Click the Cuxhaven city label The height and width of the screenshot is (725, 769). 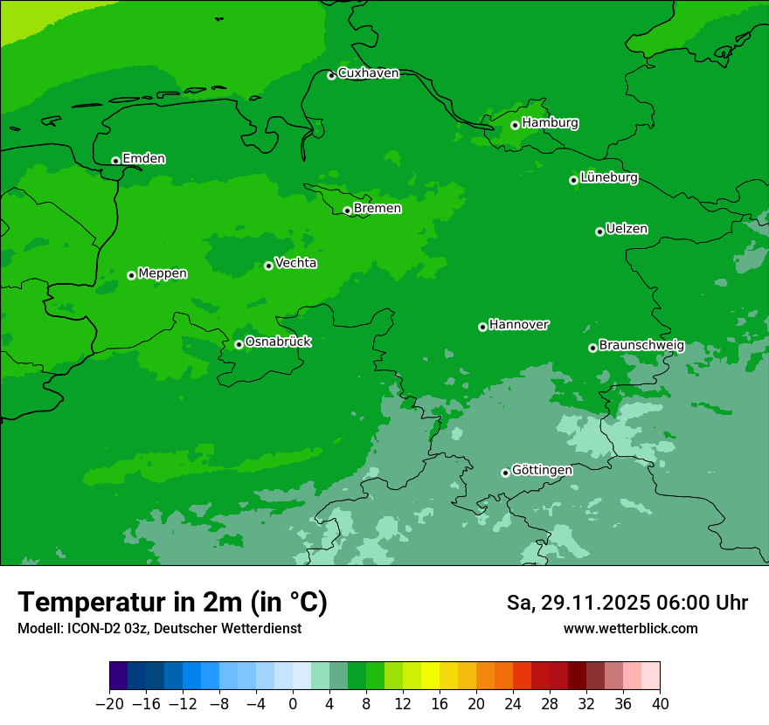pyautogui.click(x=368, y=73)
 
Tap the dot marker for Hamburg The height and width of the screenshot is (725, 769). pyautogui.click(x=515, y=125)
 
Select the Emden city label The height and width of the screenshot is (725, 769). pyautogui.click(x=143, y=159)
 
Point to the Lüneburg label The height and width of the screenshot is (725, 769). pyautogui.click(x=609, y=178)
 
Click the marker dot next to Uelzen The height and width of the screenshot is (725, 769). pyautogui.click(x=599, y=231)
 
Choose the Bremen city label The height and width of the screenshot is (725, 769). pyautogui.click(x=378, y=209)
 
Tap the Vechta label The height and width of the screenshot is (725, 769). pyautogui.click(x=295, y=263)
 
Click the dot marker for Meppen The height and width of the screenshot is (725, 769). pyautogui.click(x=131, y=275)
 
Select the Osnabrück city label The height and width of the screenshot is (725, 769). pyautogui.click(x=278, y=342)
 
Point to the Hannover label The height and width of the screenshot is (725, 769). pyautogui.click(x=518, y=325)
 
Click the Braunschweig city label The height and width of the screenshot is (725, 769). pyautogui.click(x=641, y=346)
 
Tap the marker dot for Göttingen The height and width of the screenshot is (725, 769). pyautogui.click(x=505, y=473)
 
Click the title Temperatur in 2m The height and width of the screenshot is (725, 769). pyautogui.click(x=172, y=603)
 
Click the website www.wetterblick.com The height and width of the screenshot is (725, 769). pyautogui.click(x=630, y=629)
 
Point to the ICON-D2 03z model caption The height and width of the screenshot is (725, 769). pyautogui.click(x=159, y=629)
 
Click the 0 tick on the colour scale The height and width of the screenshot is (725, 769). pyautogui.click(x=293, y=704)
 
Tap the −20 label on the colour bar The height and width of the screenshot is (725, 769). pyautogui.click(x=109, y=704)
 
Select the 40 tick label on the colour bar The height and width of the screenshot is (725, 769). pyautogui.click(x=660, y=704)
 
